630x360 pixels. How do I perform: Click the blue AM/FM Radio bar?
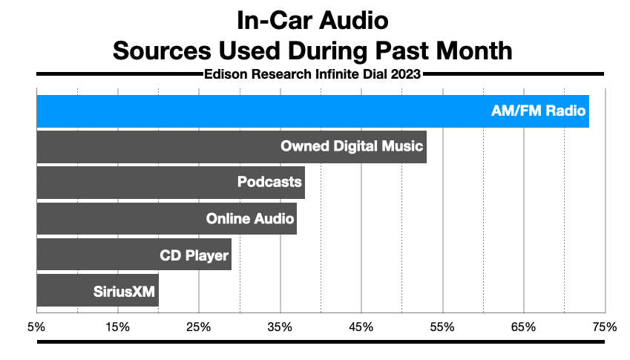pyautogui.click(x=312, y=111)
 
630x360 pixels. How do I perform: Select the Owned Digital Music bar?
pyautogui.click(x=231, y=147)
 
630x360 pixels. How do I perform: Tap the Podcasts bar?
pyautogui.click(x=170, y=183)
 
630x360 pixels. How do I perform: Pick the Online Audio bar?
pyautogui.click(x=166, y=218)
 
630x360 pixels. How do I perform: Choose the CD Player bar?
pyautogui.click(x=134, y=254)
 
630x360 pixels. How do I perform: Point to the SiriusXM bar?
pyautogui.click(x=97, y=289)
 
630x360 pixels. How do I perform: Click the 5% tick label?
pyautogui.click(x=36, y=327)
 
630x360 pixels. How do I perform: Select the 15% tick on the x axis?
pyautogui.click(x=118, y=327)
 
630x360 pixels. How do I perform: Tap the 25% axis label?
pyautogui.click(x=199, y=327)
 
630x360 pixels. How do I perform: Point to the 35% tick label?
pyautogui.click(x=280, y=327)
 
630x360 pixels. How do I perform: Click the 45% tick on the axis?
pyautogui.click(x=361, y=327)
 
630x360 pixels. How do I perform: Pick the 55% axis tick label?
pyautogui.click(x=442, y=327)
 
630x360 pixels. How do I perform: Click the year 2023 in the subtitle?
pyautogui.click(x=407, y=73)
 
